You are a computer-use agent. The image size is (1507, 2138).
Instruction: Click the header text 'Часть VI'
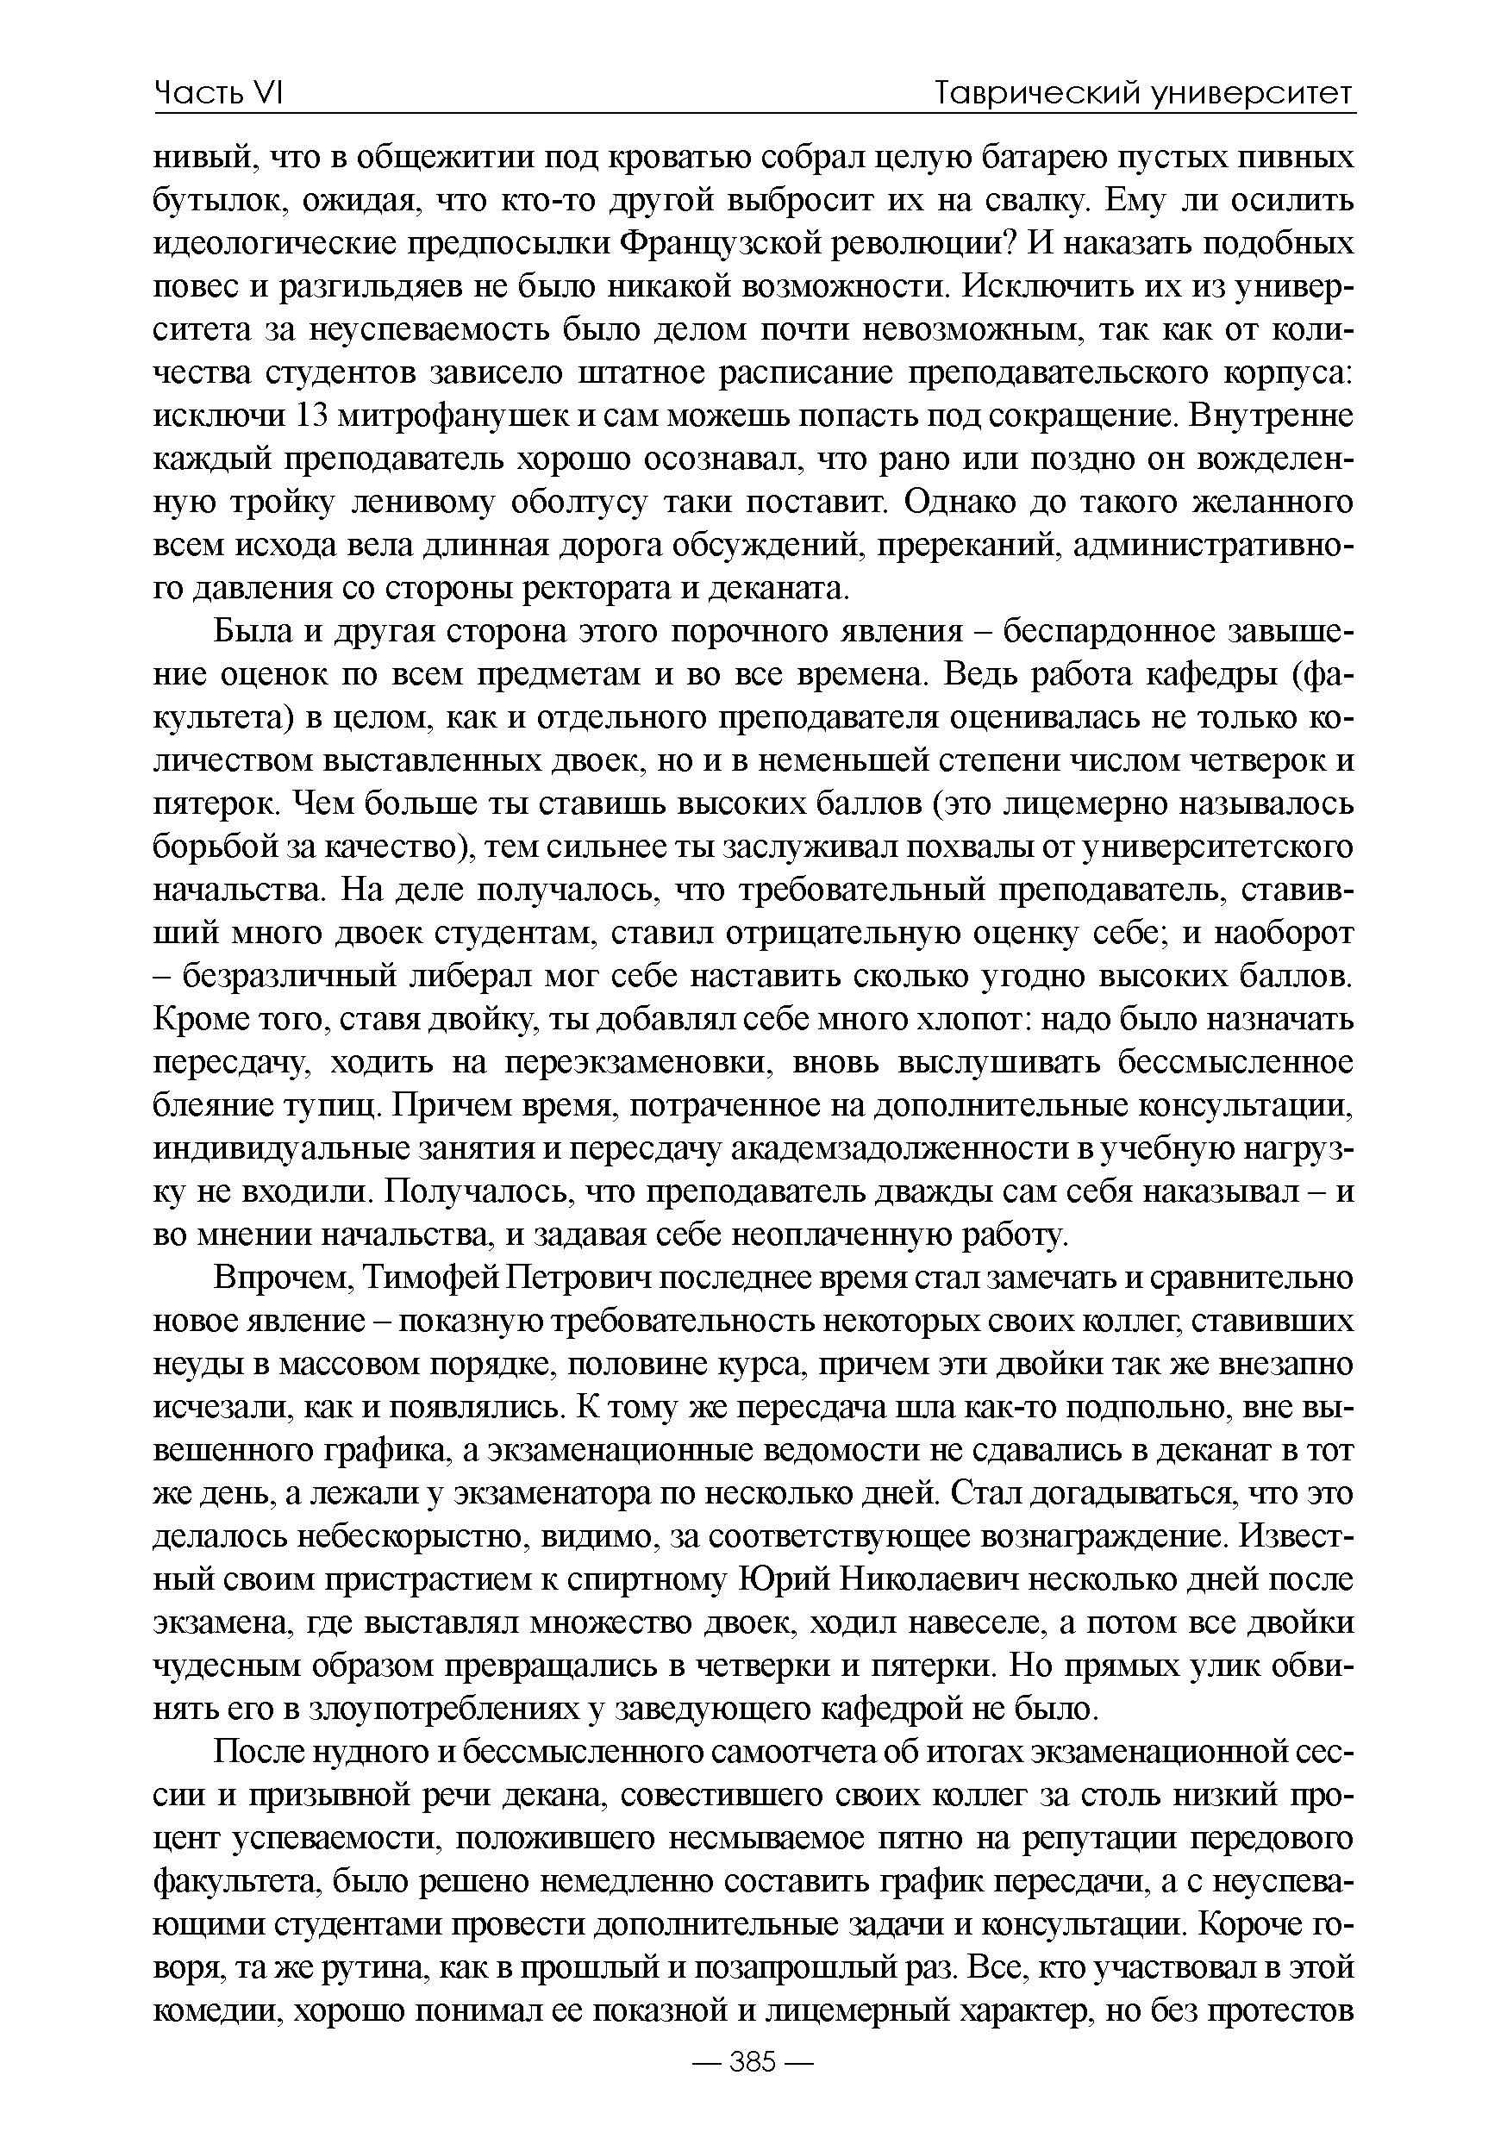point(218,93)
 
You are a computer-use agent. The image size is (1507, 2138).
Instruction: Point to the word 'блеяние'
point(210,1106)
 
